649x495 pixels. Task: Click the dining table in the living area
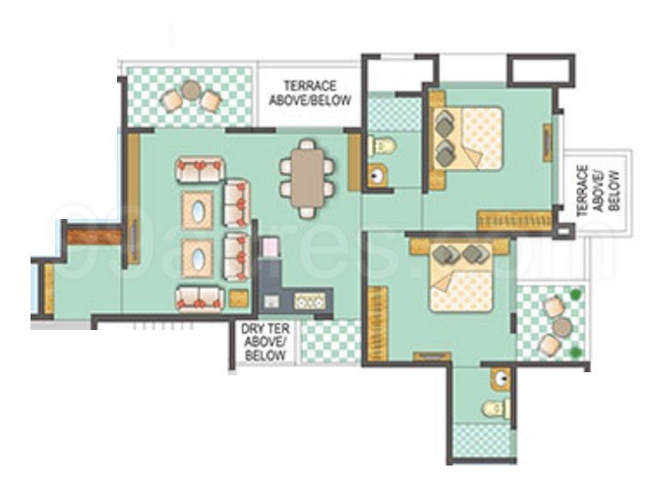tap(306, 177)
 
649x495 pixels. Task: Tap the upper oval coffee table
tap(200, 209)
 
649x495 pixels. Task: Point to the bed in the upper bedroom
tap(467, 137)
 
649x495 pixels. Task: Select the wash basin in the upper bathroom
tap(376, 178)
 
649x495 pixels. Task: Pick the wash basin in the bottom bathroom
tap(500, 376)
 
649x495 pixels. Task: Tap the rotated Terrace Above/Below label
tap(597, 191)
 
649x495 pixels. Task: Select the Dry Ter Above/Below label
tap(265, 341)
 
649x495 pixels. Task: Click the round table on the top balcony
tap(190, 95)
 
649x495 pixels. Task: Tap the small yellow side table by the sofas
tap(238, 299)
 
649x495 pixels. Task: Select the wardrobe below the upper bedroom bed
tap(512, 221)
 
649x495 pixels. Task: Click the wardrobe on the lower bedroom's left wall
tap(374, 319)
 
